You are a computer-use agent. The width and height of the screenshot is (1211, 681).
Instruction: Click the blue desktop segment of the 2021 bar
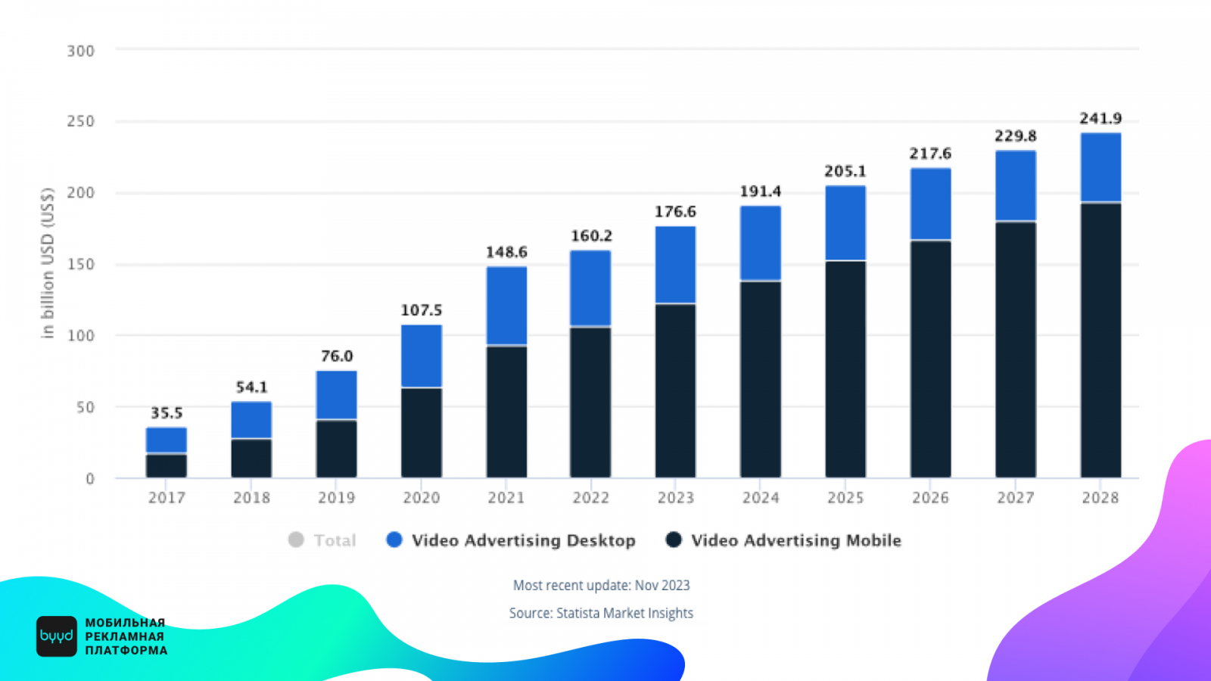(506, 306)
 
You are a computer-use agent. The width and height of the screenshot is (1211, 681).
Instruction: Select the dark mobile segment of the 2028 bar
(1100, 340)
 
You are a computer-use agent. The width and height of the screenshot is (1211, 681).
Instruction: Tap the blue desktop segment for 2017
(167, 440)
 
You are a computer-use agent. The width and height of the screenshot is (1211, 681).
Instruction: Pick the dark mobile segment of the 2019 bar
(336, 448)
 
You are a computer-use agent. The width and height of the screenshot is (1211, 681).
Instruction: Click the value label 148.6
(506, 252)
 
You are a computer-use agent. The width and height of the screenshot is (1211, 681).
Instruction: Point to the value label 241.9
(1100, 119)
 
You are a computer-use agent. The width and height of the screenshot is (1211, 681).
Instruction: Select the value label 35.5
(167, 413)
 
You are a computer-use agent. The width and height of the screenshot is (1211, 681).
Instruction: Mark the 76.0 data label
(337, 356)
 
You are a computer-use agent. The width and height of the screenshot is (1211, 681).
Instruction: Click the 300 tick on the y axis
(81, 51)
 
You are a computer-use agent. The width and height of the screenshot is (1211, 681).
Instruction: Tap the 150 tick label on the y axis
(81, 264)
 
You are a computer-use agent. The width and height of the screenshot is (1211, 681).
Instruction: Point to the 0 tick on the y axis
(90, 478)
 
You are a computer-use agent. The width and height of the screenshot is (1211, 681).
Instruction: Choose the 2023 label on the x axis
(676, 497)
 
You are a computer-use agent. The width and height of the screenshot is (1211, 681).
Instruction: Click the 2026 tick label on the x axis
(930, 497)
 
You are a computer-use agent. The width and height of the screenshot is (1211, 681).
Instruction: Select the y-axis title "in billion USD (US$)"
(48, 263)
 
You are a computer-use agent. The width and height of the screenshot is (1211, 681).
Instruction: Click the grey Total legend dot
(296, 540)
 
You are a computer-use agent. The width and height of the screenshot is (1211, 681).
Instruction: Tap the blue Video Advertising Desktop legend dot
(394, 540)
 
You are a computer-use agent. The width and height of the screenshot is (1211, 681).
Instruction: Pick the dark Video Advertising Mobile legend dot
(674, 540)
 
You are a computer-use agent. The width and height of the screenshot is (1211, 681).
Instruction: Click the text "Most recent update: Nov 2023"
(602, 585)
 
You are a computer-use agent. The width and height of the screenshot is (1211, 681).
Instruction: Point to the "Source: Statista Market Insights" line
(601, 613)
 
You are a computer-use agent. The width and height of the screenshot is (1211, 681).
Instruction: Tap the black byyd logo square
(57, 636)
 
